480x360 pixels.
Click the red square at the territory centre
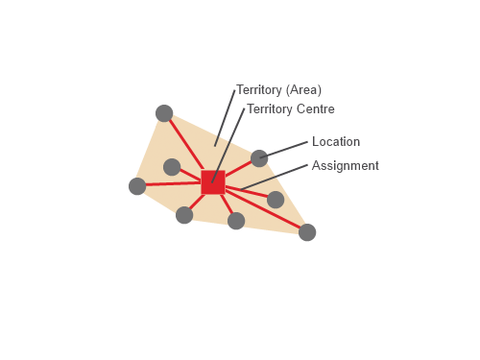[x=212, y=182]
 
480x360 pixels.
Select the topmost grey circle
[x=164, y=113]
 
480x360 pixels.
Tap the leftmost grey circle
[x=137, y=186]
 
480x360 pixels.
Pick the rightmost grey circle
[x=307, y=232]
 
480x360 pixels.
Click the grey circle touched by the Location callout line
[x=259, y=158]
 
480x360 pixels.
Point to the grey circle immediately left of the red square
[x=172, y=167]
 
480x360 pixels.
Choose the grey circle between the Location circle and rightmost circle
[x=276, y=200]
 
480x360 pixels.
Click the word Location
[x=336, y=142]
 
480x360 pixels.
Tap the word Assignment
[x=346, y=166]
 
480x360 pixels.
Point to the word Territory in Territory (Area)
[x=258, y=90]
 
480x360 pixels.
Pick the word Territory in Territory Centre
[x=269, y=109]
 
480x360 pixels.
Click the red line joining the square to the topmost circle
[x=186, y=145]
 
